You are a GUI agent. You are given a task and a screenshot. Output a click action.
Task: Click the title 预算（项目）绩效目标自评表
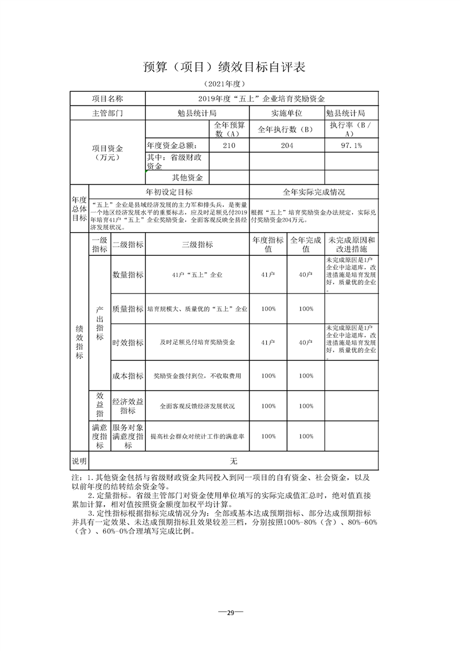(224, 67)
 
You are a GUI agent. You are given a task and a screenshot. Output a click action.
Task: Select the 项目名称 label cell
(108, 99)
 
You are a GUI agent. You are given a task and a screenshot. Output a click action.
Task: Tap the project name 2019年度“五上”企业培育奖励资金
(261, 99)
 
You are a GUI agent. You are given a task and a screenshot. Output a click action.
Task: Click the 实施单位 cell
(287, 113)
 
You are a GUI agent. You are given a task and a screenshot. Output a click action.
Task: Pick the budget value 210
(229, 145)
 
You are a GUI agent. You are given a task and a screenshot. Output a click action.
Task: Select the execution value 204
(287, 145)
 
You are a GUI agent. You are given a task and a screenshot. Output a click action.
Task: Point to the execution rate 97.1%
(352, 145)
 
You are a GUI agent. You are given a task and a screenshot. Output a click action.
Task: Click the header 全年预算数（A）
(229, 129)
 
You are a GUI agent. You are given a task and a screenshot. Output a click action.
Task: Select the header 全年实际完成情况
(314, 192)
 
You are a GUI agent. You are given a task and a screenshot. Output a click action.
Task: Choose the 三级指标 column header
(197, 245)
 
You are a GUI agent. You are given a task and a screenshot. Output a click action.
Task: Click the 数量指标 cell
(128, 274)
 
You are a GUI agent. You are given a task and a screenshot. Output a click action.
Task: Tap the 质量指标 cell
(128, 309)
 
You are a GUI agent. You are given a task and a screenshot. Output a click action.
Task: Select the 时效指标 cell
(128, 343)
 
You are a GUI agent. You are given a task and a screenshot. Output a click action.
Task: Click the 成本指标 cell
(128, 376)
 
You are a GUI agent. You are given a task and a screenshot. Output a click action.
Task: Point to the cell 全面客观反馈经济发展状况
(197, 406)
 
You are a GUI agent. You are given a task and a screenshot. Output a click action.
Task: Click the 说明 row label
(79, 461)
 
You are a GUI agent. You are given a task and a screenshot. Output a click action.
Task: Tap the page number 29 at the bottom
(230, 613)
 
